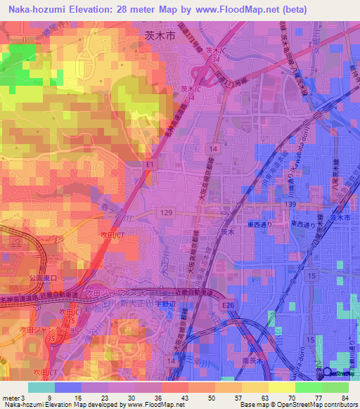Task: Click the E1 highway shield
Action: click(148, 164)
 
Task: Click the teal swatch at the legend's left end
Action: click(41, 387)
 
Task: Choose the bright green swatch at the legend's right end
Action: click(335, 387)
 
